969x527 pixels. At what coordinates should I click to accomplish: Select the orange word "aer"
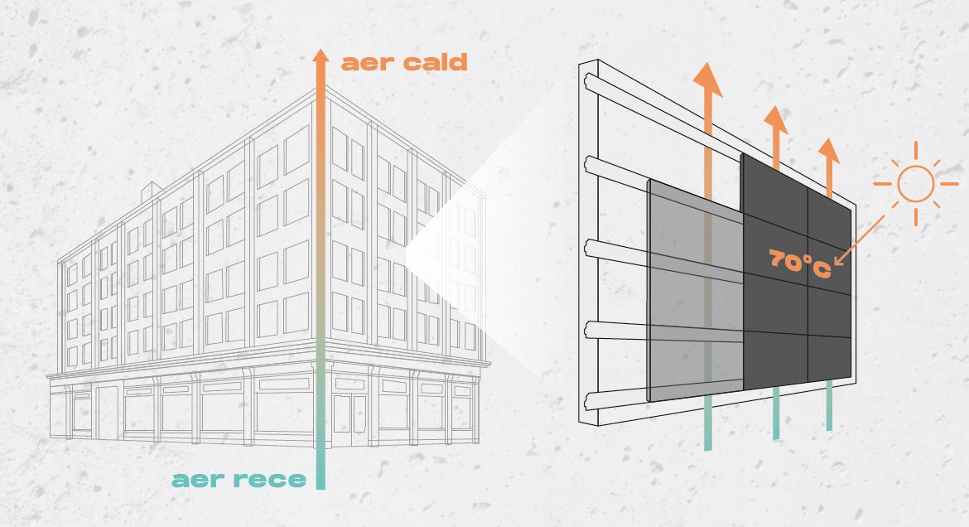(368, 64)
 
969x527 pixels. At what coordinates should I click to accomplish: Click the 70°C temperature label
(800, 263)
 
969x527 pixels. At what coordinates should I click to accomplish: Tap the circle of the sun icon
(915, 184)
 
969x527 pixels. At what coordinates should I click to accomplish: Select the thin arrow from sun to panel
(859, 240)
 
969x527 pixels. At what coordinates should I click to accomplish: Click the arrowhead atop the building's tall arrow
(321, 57)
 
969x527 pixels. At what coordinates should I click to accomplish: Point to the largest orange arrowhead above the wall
(707, 80)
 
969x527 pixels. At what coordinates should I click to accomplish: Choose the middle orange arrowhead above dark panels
(775, 118)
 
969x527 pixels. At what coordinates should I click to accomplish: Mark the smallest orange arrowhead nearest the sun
(829, 150)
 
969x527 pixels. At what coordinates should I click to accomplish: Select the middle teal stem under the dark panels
(776, 413)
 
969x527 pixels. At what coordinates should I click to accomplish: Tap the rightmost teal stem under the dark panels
(829, 405)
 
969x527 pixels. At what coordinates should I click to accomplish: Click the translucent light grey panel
(695, 291)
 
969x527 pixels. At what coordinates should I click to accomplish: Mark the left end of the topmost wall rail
(587, 80)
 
